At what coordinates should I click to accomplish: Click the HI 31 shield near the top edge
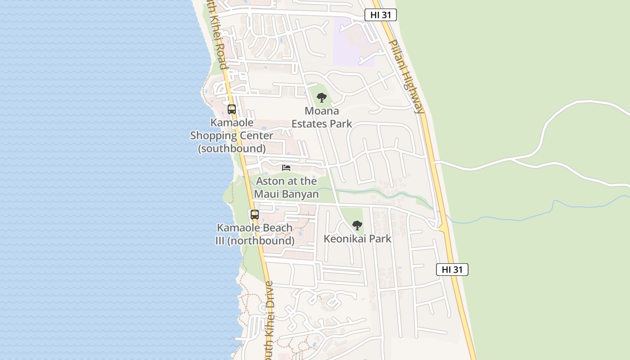tap(380, 15)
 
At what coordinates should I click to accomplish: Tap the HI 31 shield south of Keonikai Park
tap(452, 270)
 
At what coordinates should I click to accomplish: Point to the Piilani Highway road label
tap(406, 76)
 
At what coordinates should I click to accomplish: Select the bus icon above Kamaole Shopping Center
tap(232, 109)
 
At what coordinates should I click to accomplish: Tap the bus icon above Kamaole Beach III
tap(255, 215)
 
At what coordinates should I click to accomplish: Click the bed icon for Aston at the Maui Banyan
tap(286, 168)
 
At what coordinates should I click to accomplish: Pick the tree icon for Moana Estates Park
tap(321, 98)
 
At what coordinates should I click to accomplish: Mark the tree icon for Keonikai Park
tap(357, 225)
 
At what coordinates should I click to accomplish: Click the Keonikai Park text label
tap(357, 238)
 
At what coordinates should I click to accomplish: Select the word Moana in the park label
tap(321, 111)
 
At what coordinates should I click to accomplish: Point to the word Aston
tap(270, 181)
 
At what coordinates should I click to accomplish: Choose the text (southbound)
tap(232, 148)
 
